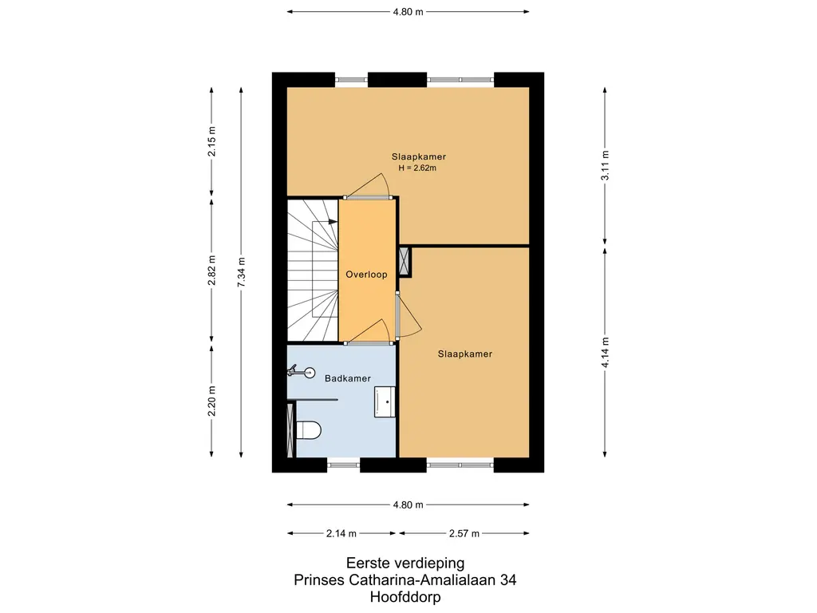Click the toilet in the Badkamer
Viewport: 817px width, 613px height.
(308, 430)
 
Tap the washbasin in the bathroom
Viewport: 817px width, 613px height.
(385, 401)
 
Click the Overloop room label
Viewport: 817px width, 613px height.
(366, 275)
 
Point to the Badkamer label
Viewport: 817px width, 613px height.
(348, 378)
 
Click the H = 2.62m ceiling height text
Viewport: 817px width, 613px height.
(417, 168)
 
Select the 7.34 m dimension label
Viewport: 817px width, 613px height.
(241, 272)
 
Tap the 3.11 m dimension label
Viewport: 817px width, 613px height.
(605, 165)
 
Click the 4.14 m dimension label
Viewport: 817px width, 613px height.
(605, 352)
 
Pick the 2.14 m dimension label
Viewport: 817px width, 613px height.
(341, 533)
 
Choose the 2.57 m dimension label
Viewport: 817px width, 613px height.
(464, 533)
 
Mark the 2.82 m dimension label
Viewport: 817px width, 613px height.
(211, 271)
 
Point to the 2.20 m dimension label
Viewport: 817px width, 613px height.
(211, 401)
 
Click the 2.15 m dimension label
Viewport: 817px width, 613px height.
(211, 141)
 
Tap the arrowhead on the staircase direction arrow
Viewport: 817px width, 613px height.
(334, 222)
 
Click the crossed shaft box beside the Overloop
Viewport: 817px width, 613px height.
(405, 261)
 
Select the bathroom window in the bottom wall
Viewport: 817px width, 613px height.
(344, 465)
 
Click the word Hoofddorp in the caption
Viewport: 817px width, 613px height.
(405, 597)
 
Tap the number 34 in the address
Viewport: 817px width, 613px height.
(508, 579)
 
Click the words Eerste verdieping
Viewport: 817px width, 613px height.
(405, 563)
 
